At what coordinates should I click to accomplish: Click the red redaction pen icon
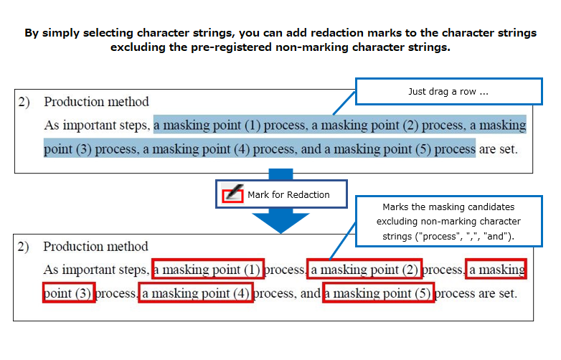coord(232,194)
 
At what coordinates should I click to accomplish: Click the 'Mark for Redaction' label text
coord(288,195)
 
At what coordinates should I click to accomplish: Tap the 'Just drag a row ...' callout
coord(448,92)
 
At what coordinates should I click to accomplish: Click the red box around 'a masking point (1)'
coord(152,269)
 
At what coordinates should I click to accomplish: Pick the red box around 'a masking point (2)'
coord(308,269)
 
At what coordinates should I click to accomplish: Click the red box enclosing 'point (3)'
coord(44,293)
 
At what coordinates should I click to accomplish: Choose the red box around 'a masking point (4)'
coord(139,293)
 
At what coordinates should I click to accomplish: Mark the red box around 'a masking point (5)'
coord(324,293)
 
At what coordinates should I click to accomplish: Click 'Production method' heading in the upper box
coord(96,102)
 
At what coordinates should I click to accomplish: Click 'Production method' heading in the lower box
coord(95,247)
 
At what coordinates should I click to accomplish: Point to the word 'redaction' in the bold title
coord(337,33)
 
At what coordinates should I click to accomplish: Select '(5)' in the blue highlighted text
coord(423,149)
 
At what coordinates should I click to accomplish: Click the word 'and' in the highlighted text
coord(311,149)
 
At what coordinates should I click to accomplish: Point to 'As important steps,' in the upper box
coord(97,125)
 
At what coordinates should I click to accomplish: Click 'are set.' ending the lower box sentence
coord(498,293)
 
